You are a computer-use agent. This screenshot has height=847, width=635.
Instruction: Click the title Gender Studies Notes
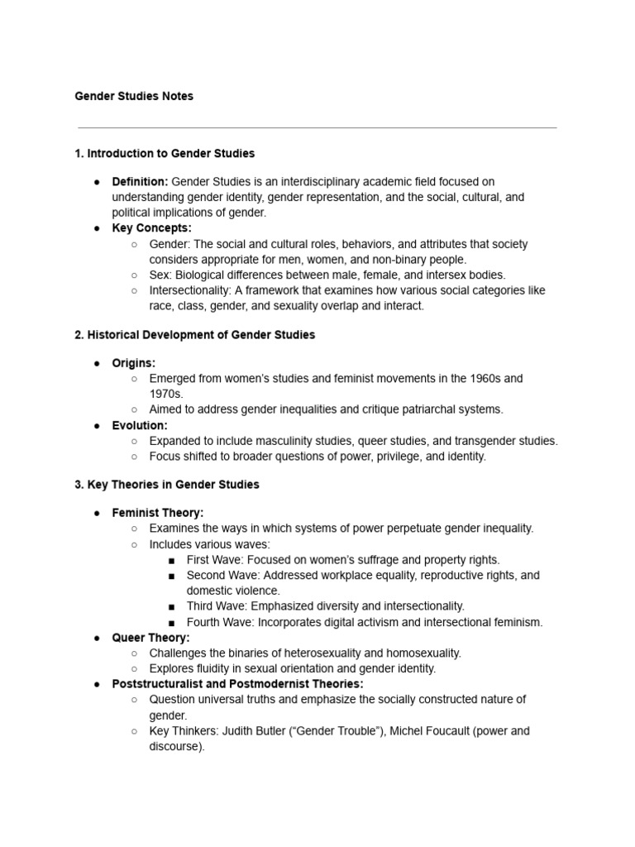click(x=134, y=96)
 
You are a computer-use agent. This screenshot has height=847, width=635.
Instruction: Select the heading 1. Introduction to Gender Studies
click(x=165, y=153)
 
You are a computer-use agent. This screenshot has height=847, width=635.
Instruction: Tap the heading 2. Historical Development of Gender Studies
click(x=194, y=335)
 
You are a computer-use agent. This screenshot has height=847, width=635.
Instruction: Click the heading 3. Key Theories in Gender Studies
click(x=166, y=485)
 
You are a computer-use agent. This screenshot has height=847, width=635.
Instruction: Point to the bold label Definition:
click(x=140, y=181)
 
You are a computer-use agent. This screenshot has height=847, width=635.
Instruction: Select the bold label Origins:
click(x=133, y=363)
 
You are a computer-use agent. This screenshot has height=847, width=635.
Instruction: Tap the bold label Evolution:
click(x=140, y=425)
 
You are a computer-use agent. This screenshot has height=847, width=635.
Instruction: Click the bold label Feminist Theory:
click(x=157, y=513)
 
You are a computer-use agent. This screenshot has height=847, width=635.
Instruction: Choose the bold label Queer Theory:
click(x=150, y=638)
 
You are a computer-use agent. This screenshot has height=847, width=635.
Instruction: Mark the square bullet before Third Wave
click(x=171, y=607)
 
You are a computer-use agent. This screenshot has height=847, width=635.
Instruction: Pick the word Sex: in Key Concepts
click(x=160, y=275)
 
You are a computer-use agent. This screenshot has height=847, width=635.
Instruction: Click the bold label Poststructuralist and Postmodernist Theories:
click(x=237, y=684)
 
